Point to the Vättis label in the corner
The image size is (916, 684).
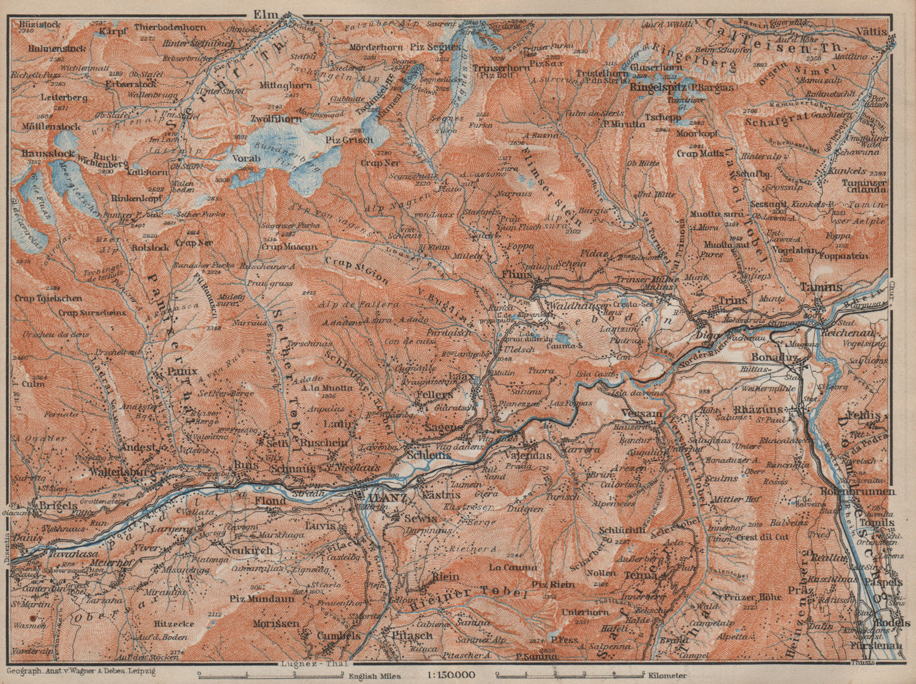click(x=876, y=17)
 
